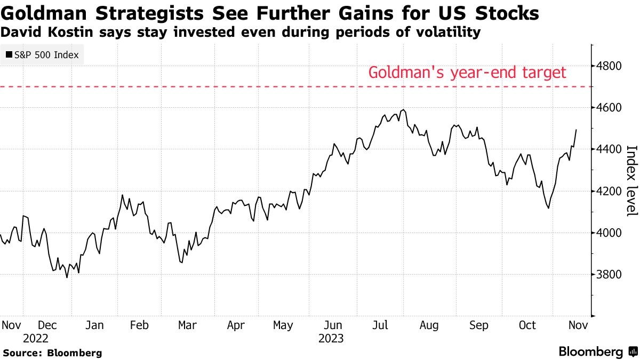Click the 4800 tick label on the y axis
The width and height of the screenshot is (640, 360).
pos(611,66)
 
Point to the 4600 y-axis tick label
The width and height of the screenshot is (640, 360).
pos(611,108)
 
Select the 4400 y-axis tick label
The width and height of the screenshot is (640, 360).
pos(611,149)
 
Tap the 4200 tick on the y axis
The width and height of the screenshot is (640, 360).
pos(611,191)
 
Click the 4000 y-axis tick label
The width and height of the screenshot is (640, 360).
pos(611,233)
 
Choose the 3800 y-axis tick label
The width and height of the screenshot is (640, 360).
pos(611,275)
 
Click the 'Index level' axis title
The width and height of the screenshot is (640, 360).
pos(631,181)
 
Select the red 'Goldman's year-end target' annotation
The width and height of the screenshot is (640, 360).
pos(467,73)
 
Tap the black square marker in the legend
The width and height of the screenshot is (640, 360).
pos(10,54)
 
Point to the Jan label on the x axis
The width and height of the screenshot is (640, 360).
pos(95,325)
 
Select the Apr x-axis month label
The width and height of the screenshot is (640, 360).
pos(235,325)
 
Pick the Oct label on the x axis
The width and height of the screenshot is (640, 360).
pos(527,325)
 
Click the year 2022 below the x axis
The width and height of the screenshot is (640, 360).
pos(36,339)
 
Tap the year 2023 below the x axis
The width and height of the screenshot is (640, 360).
pos(331,339)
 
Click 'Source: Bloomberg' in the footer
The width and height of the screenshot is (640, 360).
pos(52,353)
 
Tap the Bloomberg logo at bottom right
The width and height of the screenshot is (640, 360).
pos(597,352)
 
